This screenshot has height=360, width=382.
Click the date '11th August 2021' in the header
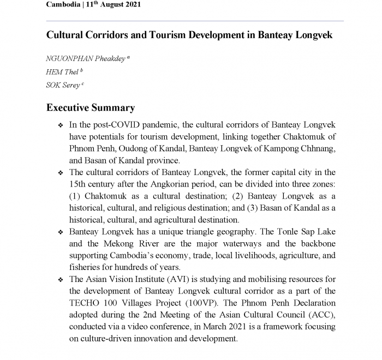point(114,4)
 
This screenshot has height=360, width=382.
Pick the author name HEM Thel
point(62,71)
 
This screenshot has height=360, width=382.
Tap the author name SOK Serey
point(63,85)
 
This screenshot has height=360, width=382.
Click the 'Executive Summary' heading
point(91,107)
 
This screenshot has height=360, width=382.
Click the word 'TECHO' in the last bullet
point(85,303)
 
